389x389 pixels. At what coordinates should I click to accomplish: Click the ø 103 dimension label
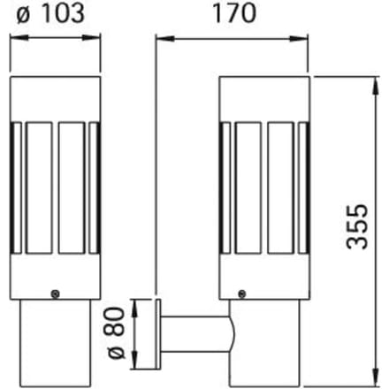coord(50,13)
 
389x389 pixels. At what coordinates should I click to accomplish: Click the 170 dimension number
coord(234,13)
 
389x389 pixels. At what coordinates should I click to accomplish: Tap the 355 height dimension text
coord(357,226)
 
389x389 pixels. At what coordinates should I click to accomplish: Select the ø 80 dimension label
coord(117,333)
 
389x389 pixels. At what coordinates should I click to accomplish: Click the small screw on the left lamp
coord(55,294)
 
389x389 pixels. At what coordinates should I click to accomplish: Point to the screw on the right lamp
coord(242,294)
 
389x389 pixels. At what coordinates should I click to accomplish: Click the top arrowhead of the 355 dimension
coord(377,86)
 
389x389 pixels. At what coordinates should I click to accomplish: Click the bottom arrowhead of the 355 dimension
coord(377,377)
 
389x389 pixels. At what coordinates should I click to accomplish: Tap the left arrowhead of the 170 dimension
coord(165,39)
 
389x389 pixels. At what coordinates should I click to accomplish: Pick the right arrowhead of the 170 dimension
coord(299,39)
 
